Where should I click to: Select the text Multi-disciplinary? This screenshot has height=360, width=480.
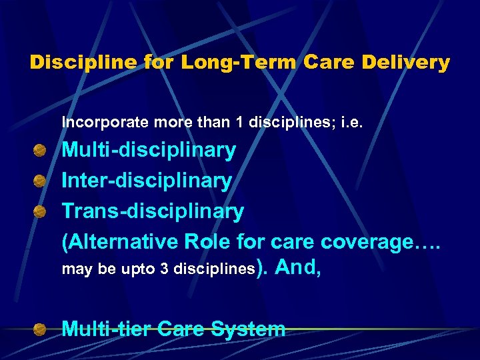149,151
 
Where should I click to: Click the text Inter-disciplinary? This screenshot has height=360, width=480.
147,181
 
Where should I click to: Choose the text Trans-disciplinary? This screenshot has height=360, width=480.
153,211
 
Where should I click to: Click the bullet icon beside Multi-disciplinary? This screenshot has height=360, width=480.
41,150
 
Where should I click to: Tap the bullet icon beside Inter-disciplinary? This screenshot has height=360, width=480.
41,181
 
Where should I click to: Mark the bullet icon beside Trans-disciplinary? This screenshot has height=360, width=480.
41,211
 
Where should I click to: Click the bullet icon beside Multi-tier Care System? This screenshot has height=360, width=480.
41,329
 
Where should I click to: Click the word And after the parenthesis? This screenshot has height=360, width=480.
297,268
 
